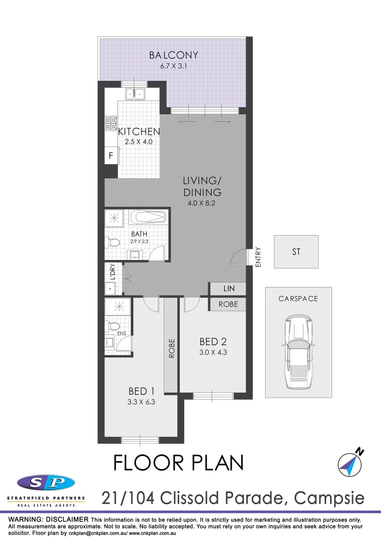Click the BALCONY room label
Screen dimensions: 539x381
[x=174, y=55]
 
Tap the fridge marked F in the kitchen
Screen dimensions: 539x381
[x=110, y=156]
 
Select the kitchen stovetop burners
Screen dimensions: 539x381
[x=110, y=123]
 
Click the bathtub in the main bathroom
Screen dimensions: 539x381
[x=148, y=217]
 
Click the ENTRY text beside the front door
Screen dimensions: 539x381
[x=258, y=257]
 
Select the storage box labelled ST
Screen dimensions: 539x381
[x=296, y=252]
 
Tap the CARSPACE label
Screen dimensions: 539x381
[x=298, y=298]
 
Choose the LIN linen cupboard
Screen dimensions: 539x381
[x=228, y=289]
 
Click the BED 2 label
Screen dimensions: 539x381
[x=213, y=342]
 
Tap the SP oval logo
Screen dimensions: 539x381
[x=46, y=483]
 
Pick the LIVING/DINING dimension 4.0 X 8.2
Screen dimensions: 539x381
[x=202, y=203]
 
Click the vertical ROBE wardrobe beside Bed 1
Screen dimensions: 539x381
[x=171, y=349]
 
